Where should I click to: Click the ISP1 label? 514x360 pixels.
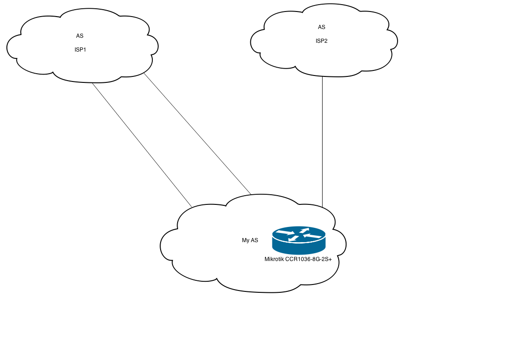click(80, 50)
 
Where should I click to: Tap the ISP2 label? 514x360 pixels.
click(322, 41)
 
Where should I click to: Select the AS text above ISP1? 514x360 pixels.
click(80, 36)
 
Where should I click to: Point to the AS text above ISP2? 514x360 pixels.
click(322, 27)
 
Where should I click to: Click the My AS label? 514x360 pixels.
click(250, 240)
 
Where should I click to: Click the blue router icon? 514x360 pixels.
click(299, 241)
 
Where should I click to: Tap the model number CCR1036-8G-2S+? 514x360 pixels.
click(308, 259)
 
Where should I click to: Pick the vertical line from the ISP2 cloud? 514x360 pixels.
click(322, 138)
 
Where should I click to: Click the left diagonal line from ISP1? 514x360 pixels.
click(142, 145)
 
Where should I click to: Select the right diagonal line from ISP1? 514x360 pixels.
click(198, 134)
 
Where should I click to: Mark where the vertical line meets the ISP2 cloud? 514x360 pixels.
click(322, 76)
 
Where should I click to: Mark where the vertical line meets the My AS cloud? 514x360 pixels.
click(322, 207)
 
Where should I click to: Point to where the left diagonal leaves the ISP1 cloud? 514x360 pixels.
click(92, 83)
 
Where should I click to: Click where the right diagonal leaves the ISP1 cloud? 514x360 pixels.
click(144, 73)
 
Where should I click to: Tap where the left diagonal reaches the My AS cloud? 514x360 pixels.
click(191, 207)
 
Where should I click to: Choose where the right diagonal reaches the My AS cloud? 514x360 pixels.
click(251, 194)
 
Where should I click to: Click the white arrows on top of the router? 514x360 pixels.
click(299, 234)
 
